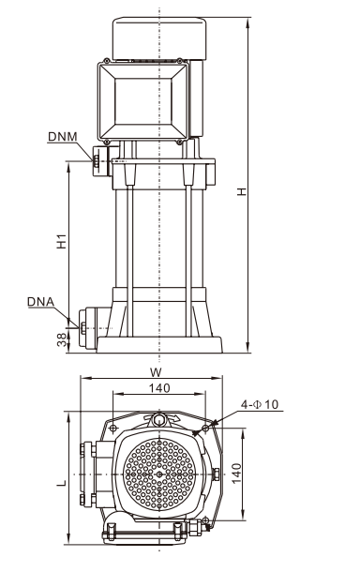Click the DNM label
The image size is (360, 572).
click(x=63, y=136)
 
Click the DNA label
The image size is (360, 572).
click(x=40, y=302)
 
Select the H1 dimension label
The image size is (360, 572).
click(x=62, y=241)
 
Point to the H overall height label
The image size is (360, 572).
click(x=242, y=191)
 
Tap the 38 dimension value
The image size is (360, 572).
click(x=63, y=339)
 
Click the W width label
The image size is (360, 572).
click(x=156, y=372)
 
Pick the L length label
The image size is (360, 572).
click(x=62, y=483)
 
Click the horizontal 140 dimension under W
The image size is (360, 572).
click(x=159, y=388)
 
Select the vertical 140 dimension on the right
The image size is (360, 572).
click(x=236, y=474)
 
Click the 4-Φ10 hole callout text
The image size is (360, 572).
click(x=260, y=404)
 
